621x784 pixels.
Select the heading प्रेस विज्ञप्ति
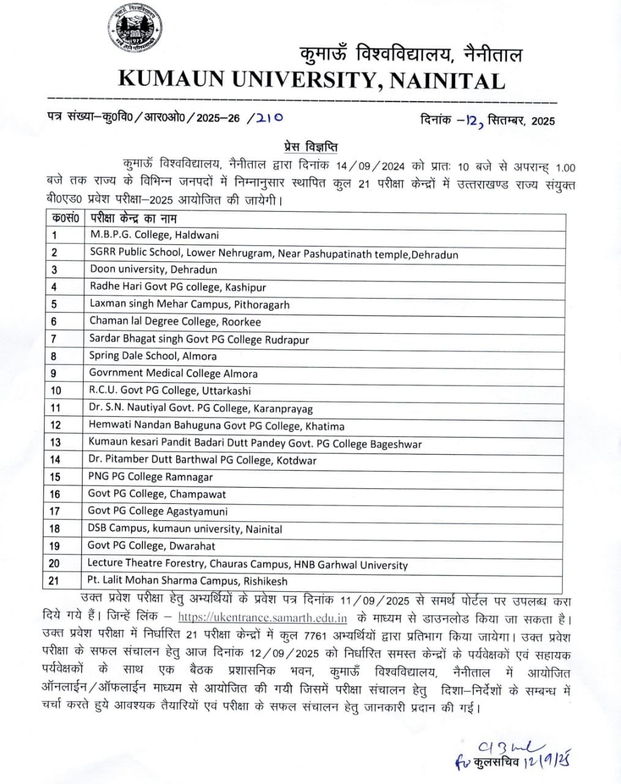(x=311, y=147)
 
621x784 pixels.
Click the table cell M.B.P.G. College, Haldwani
(x=154, y=235)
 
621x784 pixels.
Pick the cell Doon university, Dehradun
(x=153, y=269)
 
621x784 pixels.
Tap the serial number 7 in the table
(x=54, y=339)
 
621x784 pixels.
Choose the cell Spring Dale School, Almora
(x=152, y=356)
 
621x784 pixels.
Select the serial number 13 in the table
(x=56, y=442)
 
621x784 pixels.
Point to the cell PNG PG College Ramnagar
(x=151, y=477)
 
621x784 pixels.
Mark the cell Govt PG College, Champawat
(x=157, y=494)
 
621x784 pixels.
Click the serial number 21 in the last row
(x=54, y=581)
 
